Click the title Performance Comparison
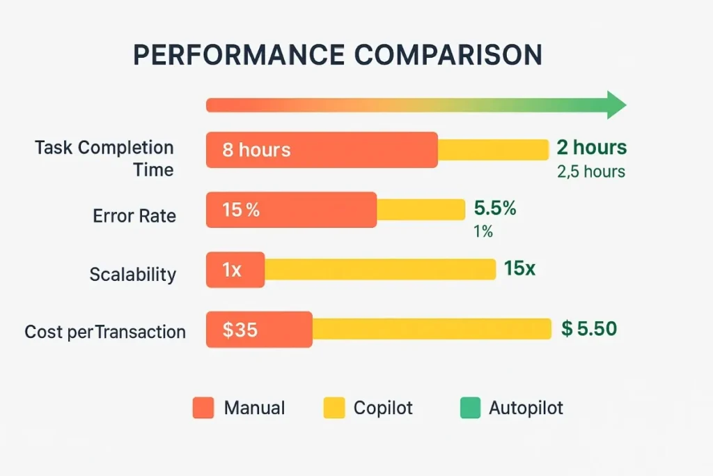click(x=338, y=55)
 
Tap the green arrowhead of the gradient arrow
click(x=616, y=105)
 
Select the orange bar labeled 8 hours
click(x=322, y=150)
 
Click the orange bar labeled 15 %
click(x=291, y=210)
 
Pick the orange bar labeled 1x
click(x=235, y=270)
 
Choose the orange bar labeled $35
click(x=259, y=329)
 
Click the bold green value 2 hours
click(x=592, y=148)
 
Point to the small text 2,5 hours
click(x=591, y=171)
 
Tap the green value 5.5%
click(x=495, y=208)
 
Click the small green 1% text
click(x=483, y=231)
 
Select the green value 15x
click(x=519, y=268)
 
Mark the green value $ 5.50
click(x=589, y=328)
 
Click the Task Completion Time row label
click(x=104, y=158)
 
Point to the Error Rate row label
click(x=134, y=216)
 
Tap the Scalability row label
click(x=133, y=275)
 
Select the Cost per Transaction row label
click(x=105, y=332)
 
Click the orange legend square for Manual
click(x=203, y=408)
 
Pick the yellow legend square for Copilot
click(x=334, y=408)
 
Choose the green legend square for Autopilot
click(x=471, y=408)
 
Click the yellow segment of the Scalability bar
click(x=379, y=270)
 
